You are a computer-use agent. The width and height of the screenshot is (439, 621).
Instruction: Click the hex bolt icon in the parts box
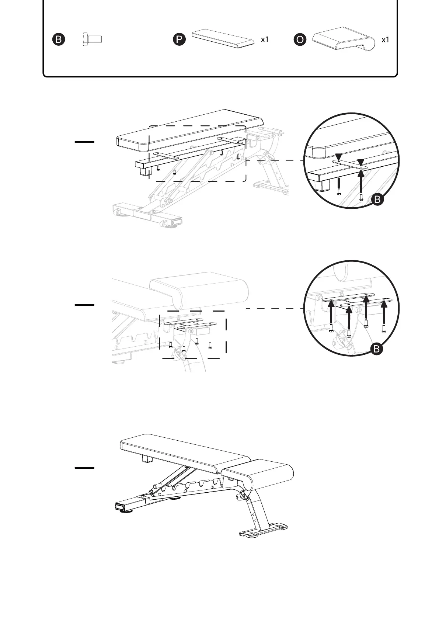pos(92,39)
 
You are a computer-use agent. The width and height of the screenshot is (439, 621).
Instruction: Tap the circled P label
pos(179,39)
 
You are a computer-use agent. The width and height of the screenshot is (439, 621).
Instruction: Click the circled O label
pos(300,39)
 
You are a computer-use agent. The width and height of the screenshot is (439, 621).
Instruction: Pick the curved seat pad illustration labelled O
pos(344,39)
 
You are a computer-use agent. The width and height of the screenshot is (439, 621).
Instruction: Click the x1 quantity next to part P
pos(265,39)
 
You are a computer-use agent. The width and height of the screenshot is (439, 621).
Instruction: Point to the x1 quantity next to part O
pos(385,39)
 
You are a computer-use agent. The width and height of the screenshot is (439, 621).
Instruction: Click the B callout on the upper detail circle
pos(377,200)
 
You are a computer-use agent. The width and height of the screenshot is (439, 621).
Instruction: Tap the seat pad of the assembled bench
pos(258,474)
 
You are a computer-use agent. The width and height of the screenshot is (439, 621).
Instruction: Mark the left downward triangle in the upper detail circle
pos(339,158)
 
